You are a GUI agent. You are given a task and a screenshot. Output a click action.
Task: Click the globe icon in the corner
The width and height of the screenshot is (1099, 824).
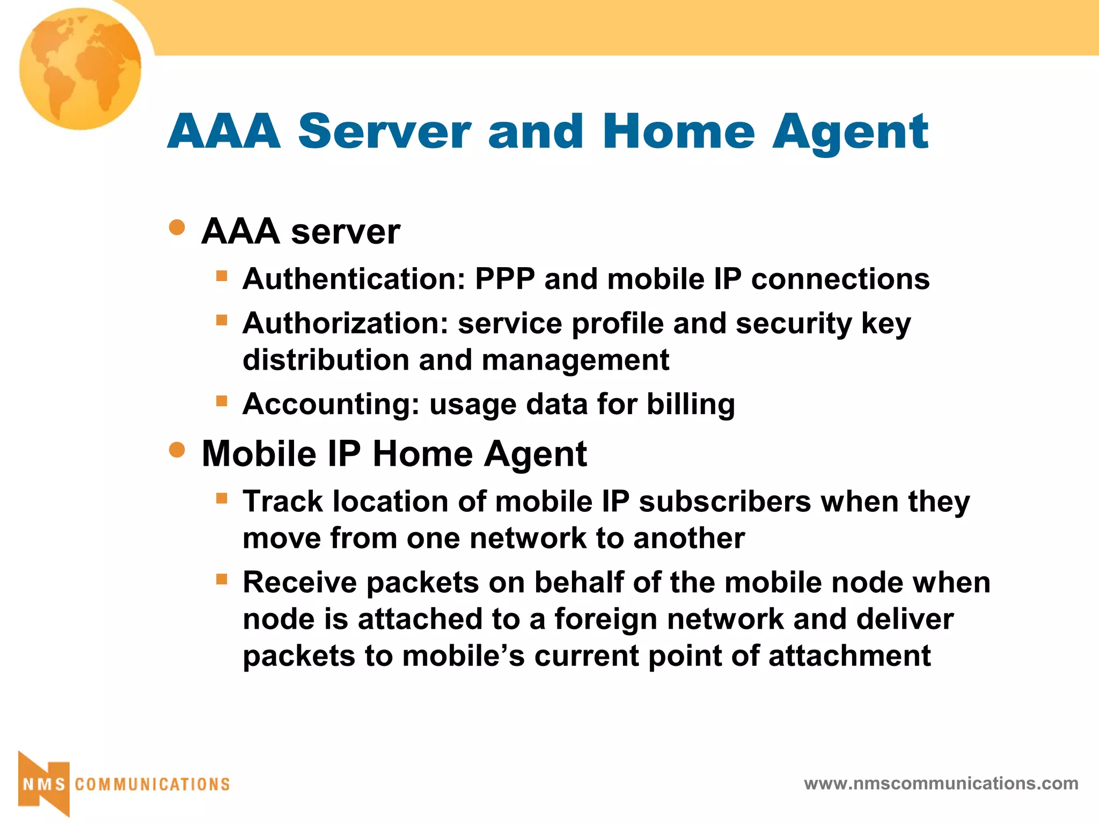[80, 69]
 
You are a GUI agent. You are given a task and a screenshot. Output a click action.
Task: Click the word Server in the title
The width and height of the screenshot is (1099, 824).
[384, 131]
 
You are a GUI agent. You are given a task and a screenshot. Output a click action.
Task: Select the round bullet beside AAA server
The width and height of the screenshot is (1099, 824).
[177, 227]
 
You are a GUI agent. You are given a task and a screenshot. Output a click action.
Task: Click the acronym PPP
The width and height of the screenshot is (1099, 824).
[505, 279]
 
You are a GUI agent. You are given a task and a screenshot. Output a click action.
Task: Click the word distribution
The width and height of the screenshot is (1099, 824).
[326, 360]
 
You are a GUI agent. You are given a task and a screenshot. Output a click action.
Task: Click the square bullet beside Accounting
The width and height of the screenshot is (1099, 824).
[222, 401]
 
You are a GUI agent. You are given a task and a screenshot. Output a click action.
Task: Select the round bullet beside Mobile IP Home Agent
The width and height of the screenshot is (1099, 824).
[177, 450]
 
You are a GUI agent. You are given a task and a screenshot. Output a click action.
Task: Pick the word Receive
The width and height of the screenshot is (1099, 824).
[300, 583]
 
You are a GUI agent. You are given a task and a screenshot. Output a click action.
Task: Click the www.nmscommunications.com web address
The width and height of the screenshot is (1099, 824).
[941, 784]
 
